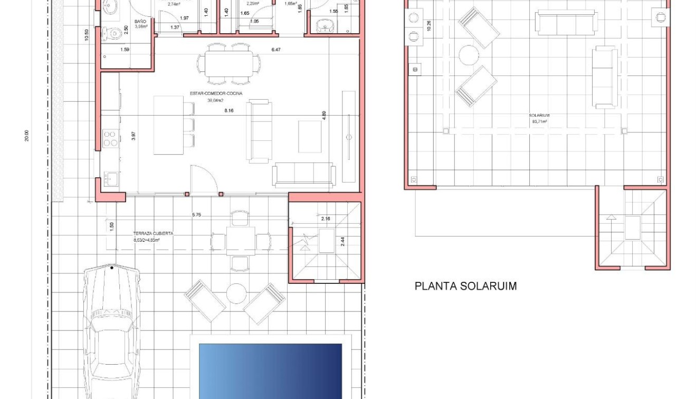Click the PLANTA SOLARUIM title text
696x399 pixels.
(x=465, y=286)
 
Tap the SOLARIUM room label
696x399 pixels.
(x=539, y=115)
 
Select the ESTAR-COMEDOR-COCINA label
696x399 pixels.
(x=216, y=93)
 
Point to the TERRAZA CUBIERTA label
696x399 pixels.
(x=153, y=233)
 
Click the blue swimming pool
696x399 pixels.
(x=270, y=370)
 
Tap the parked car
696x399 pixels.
(x=112, y=332)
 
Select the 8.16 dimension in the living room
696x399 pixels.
(x=228, y=110)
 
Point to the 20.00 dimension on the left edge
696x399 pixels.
(x=26, y=136)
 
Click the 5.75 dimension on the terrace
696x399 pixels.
(x=196, y=214)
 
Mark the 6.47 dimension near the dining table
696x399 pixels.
(x=275, y=50)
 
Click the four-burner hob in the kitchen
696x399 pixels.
(x=110, y=138)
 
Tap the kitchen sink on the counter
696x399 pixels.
(x=110, y=178)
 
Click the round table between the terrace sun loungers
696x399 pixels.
(x=236, y=294)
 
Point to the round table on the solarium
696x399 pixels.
(x=469, y=55)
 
